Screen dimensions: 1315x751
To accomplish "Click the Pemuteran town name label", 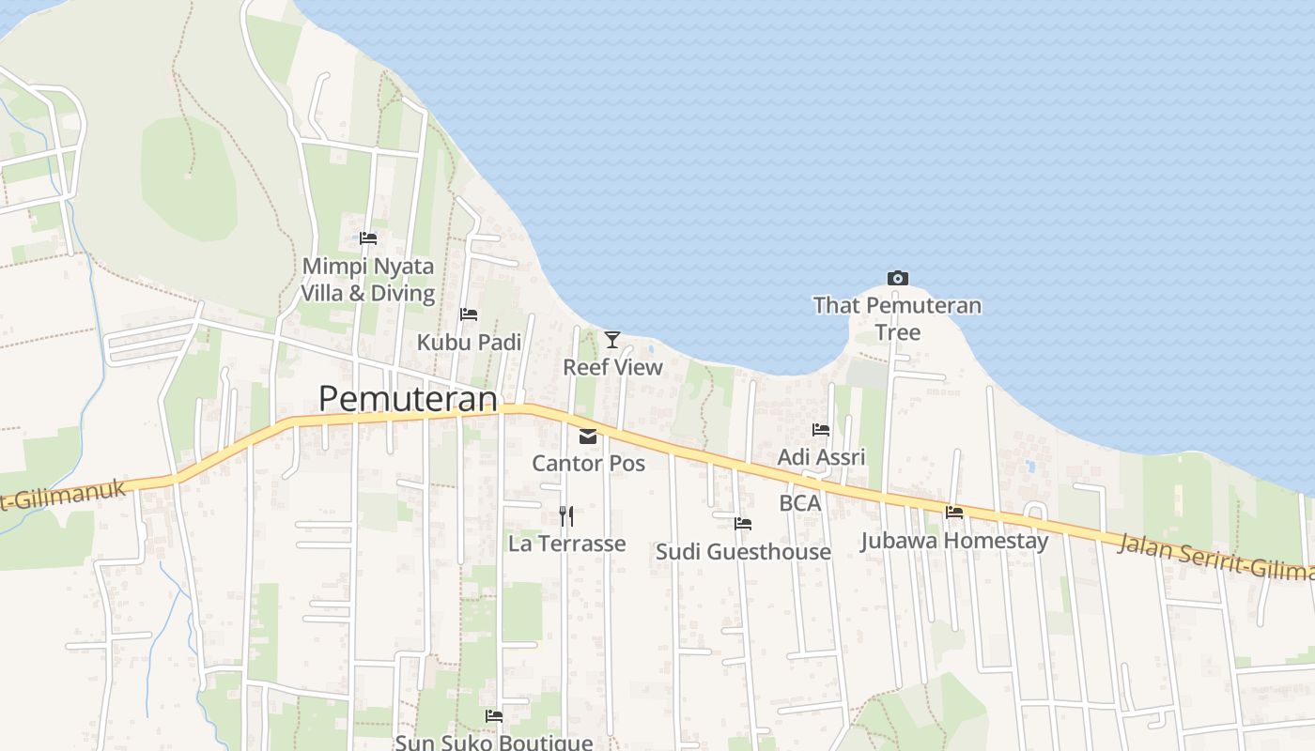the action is (x=408, y=399).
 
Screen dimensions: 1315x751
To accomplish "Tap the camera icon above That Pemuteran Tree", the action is (x=897, y=278).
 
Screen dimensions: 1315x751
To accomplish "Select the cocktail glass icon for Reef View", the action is (x=612, y=339).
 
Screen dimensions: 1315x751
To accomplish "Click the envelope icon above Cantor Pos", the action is (x=588, y=436).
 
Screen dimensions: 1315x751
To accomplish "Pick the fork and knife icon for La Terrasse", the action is (x=565, y=515).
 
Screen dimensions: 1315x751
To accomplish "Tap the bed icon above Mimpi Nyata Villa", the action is (x=368, y=238).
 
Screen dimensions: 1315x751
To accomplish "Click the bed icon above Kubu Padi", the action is (x=469, y=314).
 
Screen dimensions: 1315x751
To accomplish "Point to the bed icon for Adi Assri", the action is (x=821, y=430).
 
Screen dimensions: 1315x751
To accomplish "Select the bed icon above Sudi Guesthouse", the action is (x=743, y=524).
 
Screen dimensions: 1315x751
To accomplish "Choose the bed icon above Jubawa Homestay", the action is (x=954, y=513).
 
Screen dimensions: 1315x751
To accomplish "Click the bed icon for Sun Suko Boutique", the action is (x=494, y=716).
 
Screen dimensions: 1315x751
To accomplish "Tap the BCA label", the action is (x=800, y=503).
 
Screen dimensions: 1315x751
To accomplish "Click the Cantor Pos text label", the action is (x=588, y=463).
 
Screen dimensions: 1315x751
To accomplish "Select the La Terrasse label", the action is (x=566, y=544).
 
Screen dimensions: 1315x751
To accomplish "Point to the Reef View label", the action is (x=612, y=367).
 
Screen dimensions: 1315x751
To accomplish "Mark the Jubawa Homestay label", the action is (x=954, y=541).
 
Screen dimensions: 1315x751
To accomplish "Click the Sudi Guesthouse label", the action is (x=743, y=552).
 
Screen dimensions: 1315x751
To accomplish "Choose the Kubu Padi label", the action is (x=469, y=343).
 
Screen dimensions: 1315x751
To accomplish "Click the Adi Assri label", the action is (x=821, y=457).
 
